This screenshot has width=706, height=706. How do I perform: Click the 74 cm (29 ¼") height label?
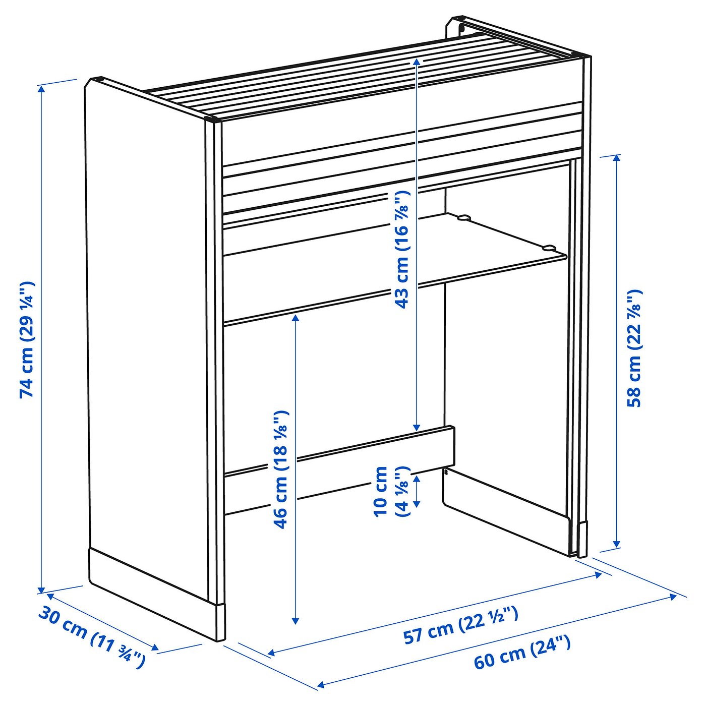click(x=27, y=339)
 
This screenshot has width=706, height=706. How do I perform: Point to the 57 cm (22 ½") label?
click(x=460, y=625)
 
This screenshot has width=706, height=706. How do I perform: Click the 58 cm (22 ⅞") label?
click(x=634, y=348)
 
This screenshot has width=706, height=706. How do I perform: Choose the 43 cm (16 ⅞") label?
click(x=402, y=249)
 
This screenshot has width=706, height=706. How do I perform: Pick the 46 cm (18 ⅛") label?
click(x=281, y=469)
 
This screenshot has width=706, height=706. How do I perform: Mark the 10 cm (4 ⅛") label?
click(x=391, y=491)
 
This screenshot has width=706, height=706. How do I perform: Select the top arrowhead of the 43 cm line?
click(x=417, y=61)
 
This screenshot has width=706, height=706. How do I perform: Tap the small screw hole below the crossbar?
click(x=446, y=472)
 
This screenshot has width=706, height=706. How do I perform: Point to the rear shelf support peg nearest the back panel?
click(x=462, y=218)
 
